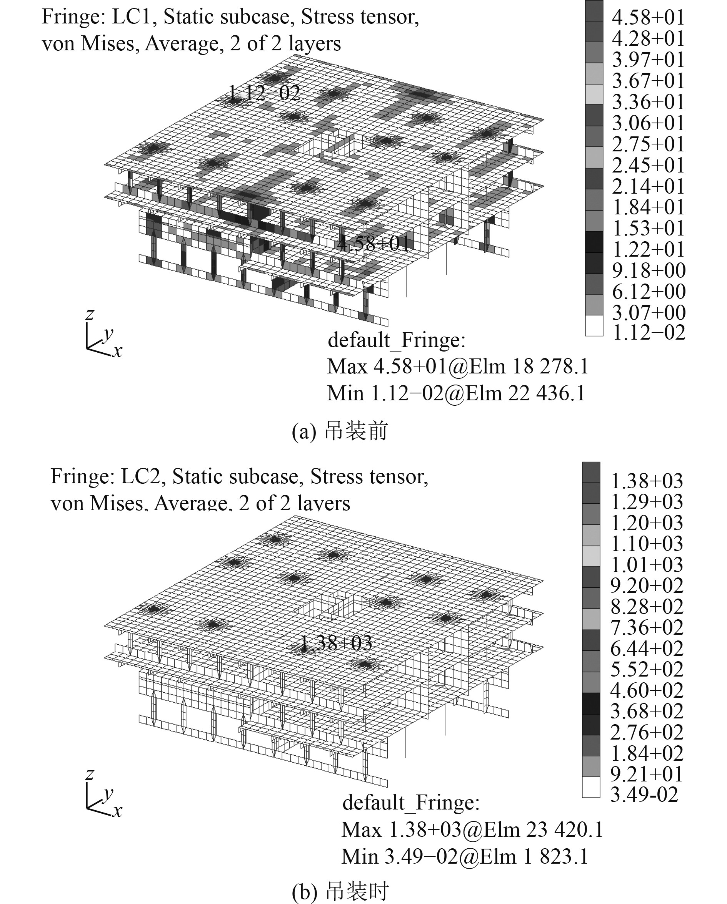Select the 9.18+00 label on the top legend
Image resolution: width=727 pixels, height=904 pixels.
tap(649, 270)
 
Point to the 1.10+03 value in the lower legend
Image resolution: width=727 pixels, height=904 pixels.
tap(646, 543)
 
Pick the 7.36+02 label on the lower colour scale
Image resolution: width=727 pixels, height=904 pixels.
tap(646, 627)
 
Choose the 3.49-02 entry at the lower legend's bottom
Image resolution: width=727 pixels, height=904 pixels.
tap(644, 794)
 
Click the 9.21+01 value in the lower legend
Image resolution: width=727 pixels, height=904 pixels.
tap(646, 774)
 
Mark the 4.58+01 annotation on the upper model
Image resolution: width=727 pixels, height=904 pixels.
tap(373, 243)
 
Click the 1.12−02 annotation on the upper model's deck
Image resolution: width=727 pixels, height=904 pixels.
tap(264, 93)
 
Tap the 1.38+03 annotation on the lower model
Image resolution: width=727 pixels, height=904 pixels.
tap(336, 643)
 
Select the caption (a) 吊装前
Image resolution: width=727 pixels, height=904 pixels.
tap(340, 431)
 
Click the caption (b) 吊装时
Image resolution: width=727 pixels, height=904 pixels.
tap(340, 892)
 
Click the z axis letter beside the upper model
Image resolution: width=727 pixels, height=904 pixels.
tap(89, 313)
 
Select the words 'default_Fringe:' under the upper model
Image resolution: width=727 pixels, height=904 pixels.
tap(397, 340)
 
